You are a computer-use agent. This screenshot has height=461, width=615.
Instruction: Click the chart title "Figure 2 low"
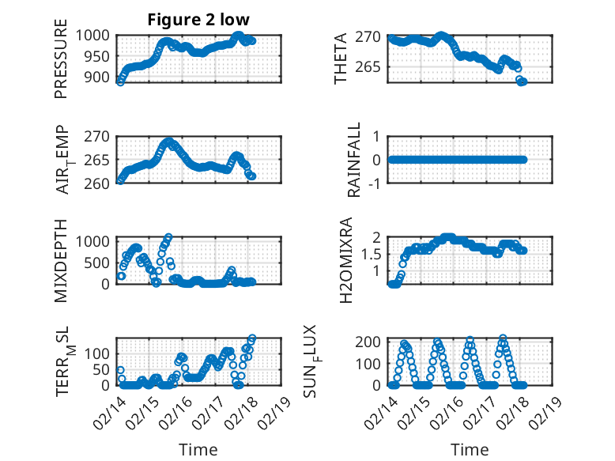tap(198, 20)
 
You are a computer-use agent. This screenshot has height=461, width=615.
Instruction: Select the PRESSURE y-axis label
tap(61, 64)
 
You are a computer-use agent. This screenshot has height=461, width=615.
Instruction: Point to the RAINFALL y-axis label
tap(355, 160)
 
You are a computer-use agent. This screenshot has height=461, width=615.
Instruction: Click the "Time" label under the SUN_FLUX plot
tap(470, 449)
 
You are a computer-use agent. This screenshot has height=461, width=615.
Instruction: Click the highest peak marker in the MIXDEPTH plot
tap(168, 237)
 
